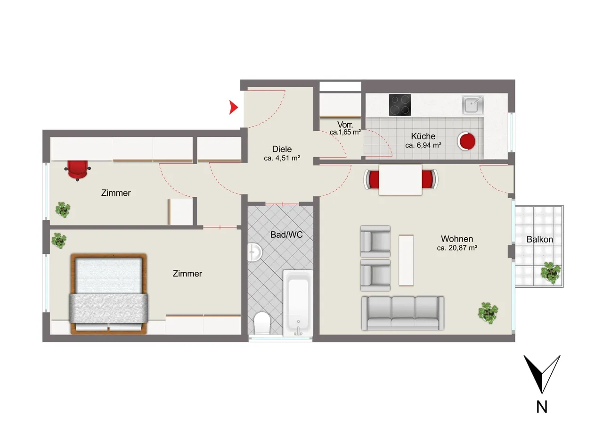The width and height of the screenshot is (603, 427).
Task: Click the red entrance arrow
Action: pos(233,107)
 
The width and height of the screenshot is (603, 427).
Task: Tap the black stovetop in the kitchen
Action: pos(400,105)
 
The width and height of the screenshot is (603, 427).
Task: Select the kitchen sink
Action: pos(473,105)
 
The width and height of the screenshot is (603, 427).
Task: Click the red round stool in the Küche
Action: pos(466,141)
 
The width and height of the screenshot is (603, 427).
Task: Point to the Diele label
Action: pos(282,149)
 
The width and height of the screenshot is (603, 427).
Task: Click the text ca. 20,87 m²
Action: pos(457,248)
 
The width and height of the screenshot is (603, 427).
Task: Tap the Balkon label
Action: pos(540,239)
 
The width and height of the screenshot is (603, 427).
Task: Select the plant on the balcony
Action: pos(551,273)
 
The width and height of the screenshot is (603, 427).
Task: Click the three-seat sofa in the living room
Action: pos(403,313)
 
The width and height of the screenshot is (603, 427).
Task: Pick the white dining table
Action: pos(400,180)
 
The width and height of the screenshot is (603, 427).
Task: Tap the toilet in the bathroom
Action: pos(262,323)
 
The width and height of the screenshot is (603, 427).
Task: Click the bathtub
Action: pos(298,303)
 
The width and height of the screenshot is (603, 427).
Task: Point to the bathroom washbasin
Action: pos(254,252)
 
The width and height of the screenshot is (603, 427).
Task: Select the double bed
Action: pos(108,294)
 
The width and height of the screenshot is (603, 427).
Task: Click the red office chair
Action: pos(78,170)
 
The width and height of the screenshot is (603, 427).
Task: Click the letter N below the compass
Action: pos(542,407)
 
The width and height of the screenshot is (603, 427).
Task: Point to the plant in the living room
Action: pos(488,313)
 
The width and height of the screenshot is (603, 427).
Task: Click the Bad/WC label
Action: pos(286,234)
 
